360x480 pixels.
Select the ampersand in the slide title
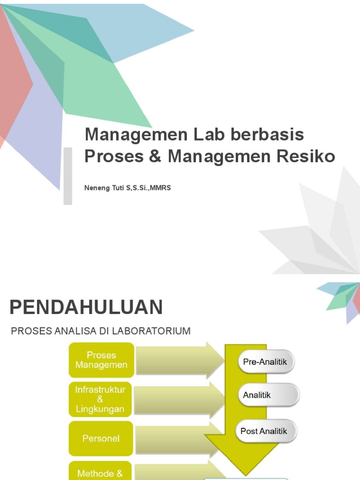tap(155, 157)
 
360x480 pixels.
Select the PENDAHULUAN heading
tap(86, 307)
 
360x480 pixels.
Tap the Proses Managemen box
tap(102, 360)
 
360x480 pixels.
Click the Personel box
tap(101, 439)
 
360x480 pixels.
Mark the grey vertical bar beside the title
tap(68, 176)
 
